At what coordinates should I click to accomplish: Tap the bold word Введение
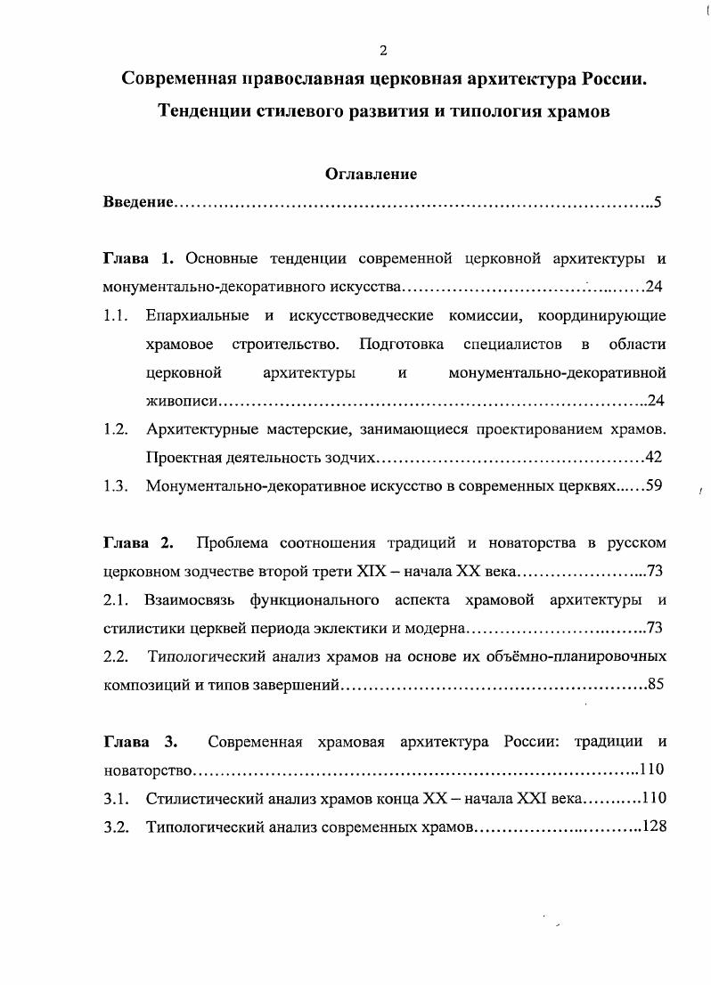137,202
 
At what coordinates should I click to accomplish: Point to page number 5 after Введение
657,202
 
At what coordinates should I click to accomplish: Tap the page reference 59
653,485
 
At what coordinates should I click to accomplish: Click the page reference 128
654,826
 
